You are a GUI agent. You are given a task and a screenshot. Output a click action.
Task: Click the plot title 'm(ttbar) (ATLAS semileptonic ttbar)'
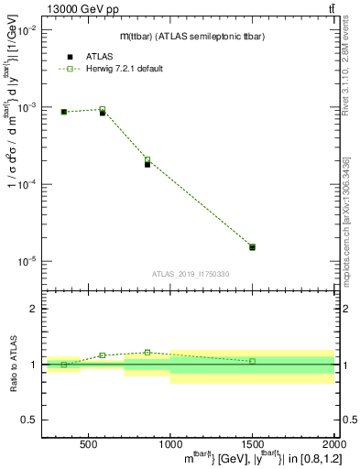click(191, 36)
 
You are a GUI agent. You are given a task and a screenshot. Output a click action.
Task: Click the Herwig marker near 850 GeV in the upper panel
click(147, 159)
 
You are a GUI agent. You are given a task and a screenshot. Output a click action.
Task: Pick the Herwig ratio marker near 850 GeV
click(147, 352)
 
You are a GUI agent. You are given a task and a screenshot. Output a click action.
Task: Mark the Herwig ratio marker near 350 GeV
click(63, 365)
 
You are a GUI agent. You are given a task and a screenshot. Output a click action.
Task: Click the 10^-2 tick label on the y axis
click(26, 30)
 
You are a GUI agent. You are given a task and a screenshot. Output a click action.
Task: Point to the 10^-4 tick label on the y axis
click(26, 184)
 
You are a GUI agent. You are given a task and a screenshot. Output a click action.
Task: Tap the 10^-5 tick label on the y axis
click(26, 261)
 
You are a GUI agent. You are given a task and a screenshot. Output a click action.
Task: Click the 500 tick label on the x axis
click(88, 445)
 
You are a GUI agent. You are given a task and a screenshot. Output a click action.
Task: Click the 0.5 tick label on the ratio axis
click(28, 420)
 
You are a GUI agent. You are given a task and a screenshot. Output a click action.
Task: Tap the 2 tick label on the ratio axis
click(33, 310)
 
